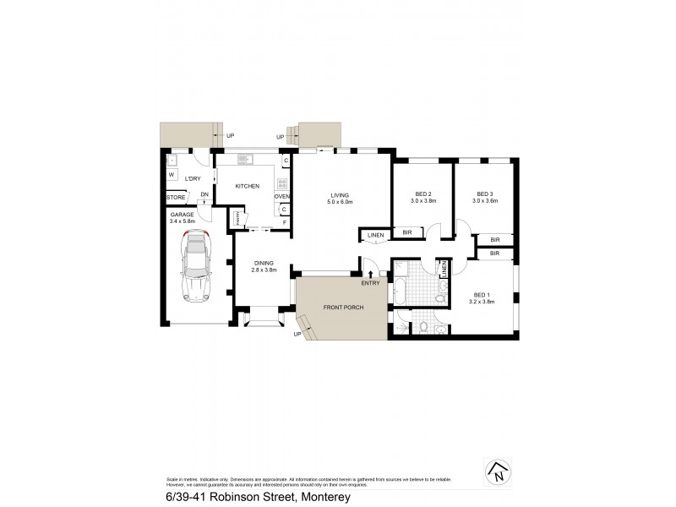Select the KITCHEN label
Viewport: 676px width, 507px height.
[x=247, y=187]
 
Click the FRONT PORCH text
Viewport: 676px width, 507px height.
[x=342, y=307]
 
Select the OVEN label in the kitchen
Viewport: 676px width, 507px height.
[x=282, y=197]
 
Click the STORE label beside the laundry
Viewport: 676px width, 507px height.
[x=176, y=198]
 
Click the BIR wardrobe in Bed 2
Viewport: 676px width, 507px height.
[x=406, y=232]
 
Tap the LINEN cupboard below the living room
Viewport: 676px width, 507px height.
[x=376, y=234]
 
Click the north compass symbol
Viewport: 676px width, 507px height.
[x=498, y=473]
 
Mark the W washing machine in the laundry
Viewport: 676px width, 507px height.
[x=172, y=176]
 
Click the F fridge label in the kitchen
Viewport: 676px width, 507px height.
[x=285, y=221]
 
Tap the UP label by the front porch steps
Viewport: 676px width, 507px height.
[x=297, y=335]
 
